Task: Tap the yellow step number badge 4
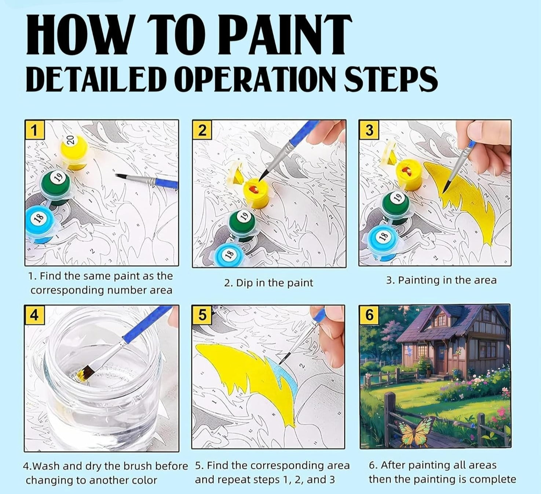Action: [x=34, y=315]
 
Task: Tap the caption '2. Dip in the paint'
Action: [x=268, y=283]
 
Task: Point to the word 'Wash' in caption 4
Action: [x=46, y=466]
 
